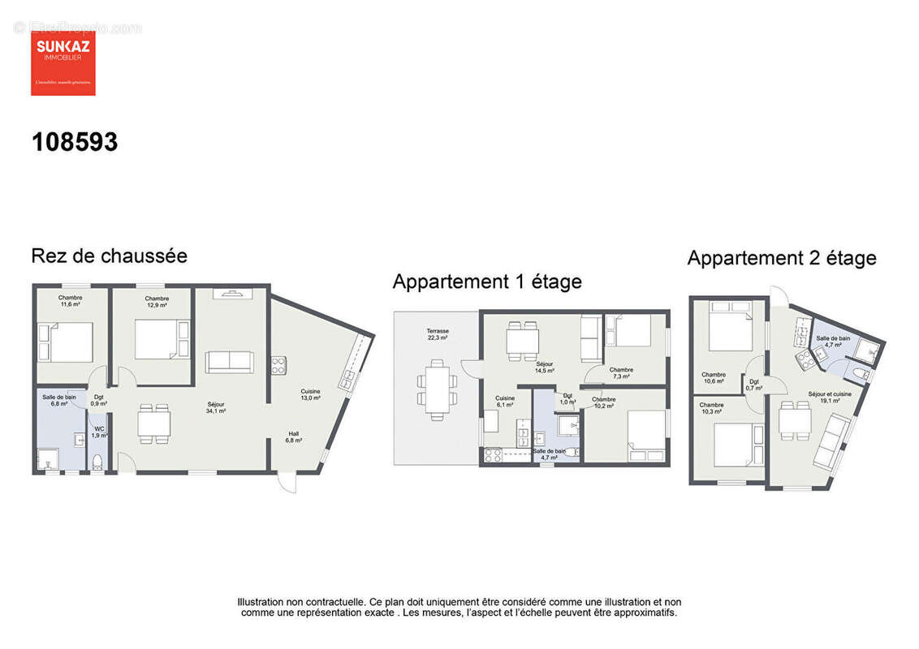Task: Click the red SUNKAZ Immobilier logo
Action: (63, 63)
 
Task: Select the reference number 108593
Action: (75, 143)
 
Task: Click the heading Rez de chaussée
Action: (109, 256)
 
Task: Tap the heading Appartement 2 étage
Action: (781, 259)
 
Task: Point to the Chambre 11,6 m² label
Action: (70, 301)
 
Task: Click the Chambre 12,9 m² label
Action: (157, 302)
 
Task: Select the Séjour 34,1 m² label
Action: (215, 408)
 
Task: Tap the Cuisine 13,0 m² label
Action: (310, 395)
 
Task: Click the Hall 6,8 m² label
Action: (293, 437)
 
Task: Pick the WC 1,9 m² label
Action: (99, 432)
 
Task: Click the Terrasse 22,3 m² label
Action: (438, 335)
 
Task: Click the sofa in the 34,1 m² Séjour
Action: (229, 362)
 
